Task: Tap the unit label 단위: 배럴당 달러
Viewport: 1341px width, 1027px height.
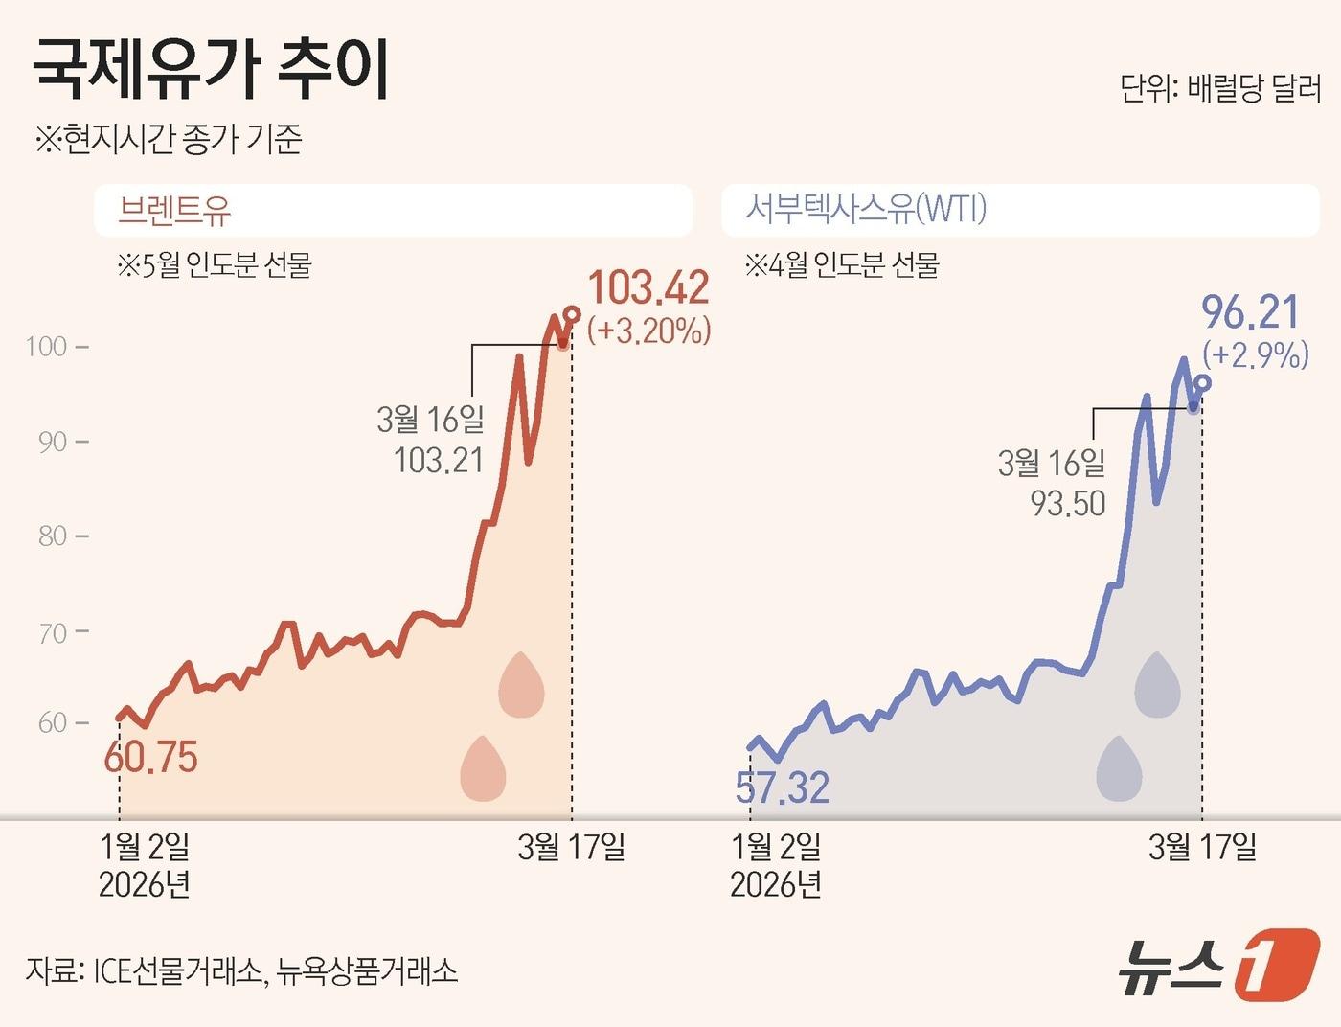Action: pos(1219,89)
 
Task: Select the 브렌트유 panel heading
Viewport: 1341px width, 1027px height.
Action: pos(174,210)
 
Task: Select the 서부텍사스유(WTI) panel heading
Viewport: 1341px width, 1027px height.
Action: pos(866,209)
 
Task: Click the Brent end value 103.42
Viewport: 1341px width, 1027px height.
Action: pos(648,288)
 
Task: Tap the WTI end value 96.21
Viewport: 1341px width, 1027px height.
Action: pos(1250,312)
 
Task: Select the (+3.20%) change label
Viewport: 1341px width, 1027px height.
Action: pos(648,331)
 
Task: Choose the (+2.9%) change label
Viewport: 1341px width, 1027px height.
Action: pos(1256,354)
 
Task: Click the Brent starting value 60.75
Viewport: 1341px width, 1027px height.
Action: pos(150,758)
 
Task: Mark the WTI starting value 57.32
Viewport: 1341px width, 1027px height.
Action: pos(782,787)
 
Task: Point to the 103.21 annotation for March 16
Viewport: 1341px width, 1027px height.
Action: pos(438,461)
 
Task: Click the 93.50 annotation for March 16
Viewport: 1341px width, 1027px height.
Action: pos(1068,503)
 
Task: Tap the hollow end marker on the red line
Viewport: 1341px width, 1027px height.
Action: pos(572,314)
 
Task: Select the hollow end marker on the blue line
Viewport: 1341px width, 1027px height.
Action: pos(1203,383)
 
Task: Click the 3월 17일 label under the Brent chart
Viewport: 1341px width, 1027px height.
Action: pos(571,847)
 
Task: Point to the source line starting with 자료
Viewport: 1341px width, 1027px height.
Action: pos(241,971)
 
